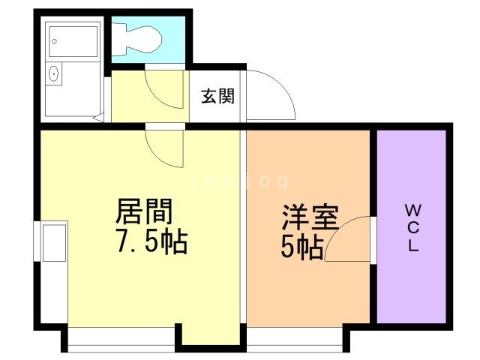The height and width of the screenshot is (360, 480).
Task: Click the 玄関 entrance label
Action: click(217, 96)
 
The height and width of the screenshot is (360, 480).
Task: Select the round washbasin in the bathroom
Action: click(53, 73)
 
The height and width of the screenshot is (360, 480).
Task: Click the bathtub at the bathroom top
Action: click(73, 40)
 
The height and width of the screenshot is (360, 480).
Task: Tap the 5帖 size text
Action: click(302, 245)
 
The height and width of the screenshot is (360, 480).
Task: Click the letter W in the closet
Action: click(413, 208)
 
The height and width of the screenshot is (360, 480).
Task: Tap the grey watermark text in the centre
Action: click(240, 181)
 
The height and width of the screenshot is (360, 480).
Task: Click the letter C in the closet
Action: click(413, 227)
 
